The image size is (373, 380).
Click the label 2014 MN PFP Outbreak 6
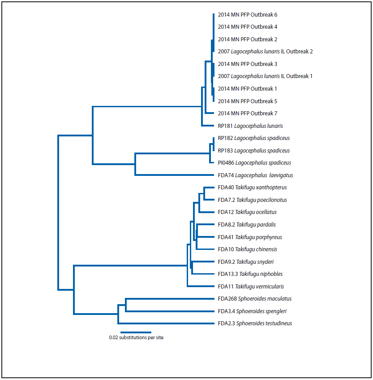(248, 15)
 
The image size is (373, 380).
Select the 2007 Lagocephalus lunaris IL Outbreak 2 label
(265, 52)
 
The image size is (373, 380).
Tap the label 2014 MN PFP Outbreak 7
(248, 114)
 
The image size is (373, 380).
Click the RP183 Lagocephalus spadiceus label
(253, 151)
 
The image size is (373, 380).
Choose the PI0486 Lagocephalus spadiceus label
(254, 163)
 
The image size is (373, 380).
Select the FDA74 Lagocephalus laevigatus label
(255, 175)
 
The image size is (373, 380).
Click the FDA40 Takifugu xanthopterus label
(252, 188)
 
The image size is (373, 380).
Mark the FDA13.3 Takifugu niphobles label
(250, 274)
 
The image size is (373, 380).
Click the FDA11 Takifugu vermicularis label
(251, 287)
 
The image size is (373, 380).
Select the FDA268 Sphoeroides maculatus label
(255, 299)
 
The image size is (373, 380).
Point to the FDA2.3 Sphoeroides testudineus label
(255, 323)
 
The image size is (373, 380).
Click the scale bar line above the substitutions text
(136, 332)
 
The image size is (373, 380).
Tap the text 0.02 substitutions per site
(136, 338)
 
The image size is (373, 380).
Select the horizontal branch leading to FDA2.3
(166, 323)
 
